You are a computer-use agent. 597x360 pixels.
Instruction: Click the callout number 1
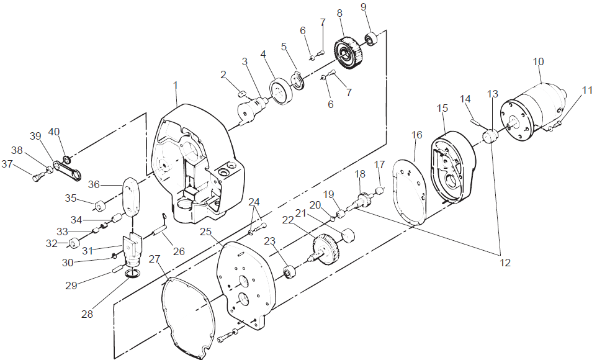[175, 84]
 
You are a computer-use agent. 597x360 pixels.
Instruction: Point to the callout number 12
[505, 263]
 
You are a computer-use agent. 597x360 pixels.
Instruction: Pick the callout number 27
[153, 258]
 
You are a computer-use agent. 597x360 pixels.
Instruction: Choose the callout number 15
[442, 108]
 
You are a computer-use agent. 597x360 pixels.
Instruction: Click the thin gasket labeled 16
[411, 189]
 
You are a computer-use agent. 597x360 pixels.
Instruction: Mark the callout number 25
[206, 232]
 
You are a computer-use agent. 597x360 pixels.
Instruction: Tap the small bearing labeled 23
[289, 271]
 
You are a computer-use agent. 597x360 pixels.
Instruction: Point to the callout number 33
[62, 231]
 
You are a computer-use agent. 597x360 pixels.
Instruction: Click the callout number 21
[301, 214]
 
